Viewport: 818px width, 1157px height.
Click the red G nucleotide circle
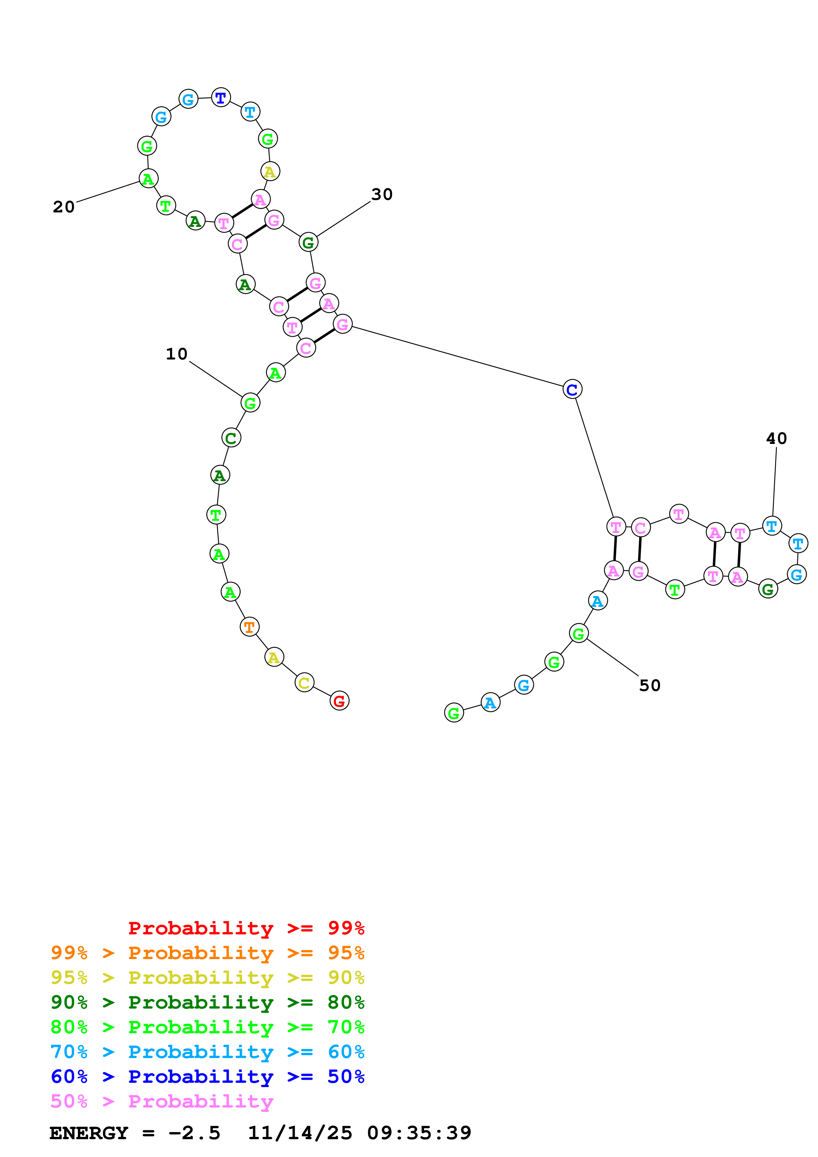339,701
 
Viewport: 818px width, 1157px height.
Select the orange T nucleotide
249,627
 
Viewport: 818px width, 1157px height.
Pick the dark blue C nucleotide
572,389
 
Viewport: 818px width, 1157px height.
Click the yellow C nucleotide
304,682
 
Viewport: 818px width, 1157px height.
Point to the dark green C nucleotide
231,438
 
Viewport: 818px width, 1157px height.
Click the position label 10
177,354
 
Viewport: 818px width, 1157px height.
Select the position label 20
63,206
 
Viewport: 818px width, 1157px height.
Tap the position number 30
381,195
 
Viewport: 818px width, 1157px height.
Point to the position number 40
776,438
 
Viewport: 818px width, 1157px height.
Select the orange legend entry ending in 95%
207,953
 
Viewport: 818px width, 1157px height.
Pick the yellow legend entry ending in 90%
207,978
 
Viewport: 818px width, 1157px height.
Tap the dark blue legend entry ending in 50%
207,1077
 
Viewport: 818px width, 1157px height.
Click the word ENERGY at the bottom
89,1133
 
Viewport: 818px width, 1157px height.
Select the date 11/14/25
300,1133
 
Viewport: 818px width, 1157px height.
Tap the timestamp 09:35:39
419,1133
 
